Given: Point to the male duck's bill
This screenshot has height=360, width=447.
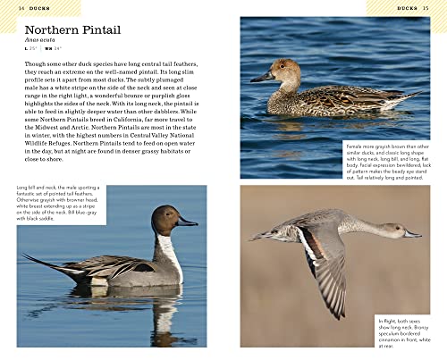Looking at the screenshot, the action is pyautogui.click(x=188, y=221).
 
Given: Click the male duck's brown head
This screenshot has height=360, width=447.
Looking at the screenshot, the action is pyautogui.click(x=166, y=219).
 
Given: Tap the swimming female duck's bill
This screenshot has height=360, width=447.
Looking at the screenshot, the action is pyautogui.click(x=262, y=77).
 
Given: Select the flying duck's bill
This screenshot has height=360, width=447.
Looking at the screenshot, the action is pyautogui.click(x=411, y=235).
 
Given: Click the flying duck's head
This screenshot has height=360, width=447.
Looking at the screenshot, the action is pyautogui.click(x=394, y=230).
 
